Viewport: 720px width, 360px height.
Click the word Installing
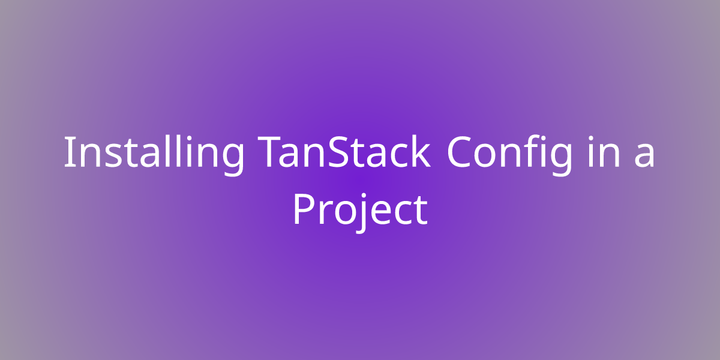[x=154, y=155]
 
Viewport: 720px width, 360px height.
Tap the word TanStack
[x=344, y=151]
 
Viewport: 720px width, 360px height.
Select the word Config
[x=510, y=155]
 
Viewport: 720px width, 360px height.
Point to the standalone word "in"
[x=604, y=152]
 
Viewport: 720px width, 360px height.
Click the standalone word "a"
[x=644, y=155]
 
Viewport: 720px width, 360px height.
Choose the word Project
[x=361, y=211]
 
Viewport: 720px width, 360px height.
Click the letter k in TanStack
[x=419, y=151]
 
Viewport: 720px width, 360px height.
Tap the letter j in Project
[x=362, y=213]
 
